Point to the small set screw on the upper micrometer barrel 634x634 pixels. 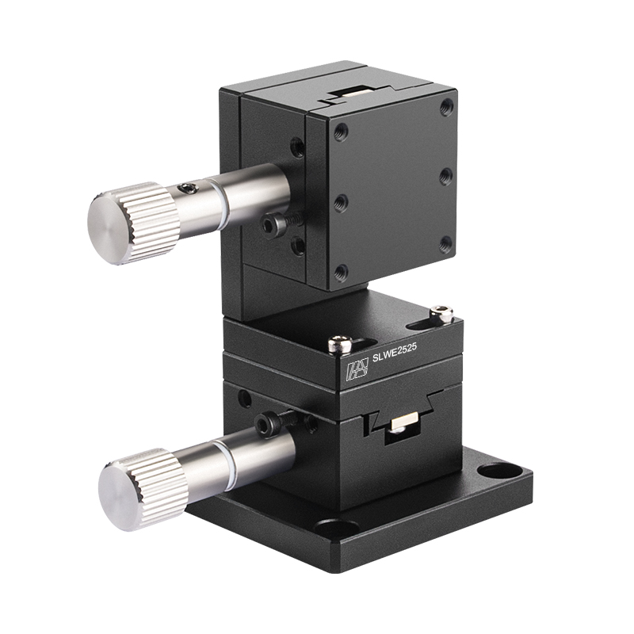188,188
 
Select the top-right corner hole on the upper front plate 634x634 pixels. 447,105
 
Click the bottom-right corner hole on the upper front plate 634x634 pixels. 446,243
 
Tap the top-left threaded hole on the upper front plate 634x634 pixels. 342,132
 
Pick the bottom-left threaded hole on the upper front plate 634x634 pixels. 341,272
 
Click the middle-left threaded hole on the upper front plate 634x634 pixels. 341,202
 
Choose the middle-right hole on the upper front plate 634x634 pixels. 446,174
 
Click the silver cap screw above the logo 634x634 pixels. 339,343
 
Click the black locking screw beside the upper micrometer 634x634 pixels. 273,226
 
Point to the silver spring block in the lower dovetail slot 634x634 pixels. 400,426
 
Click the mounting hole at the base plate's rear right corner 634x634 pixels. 499,472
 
